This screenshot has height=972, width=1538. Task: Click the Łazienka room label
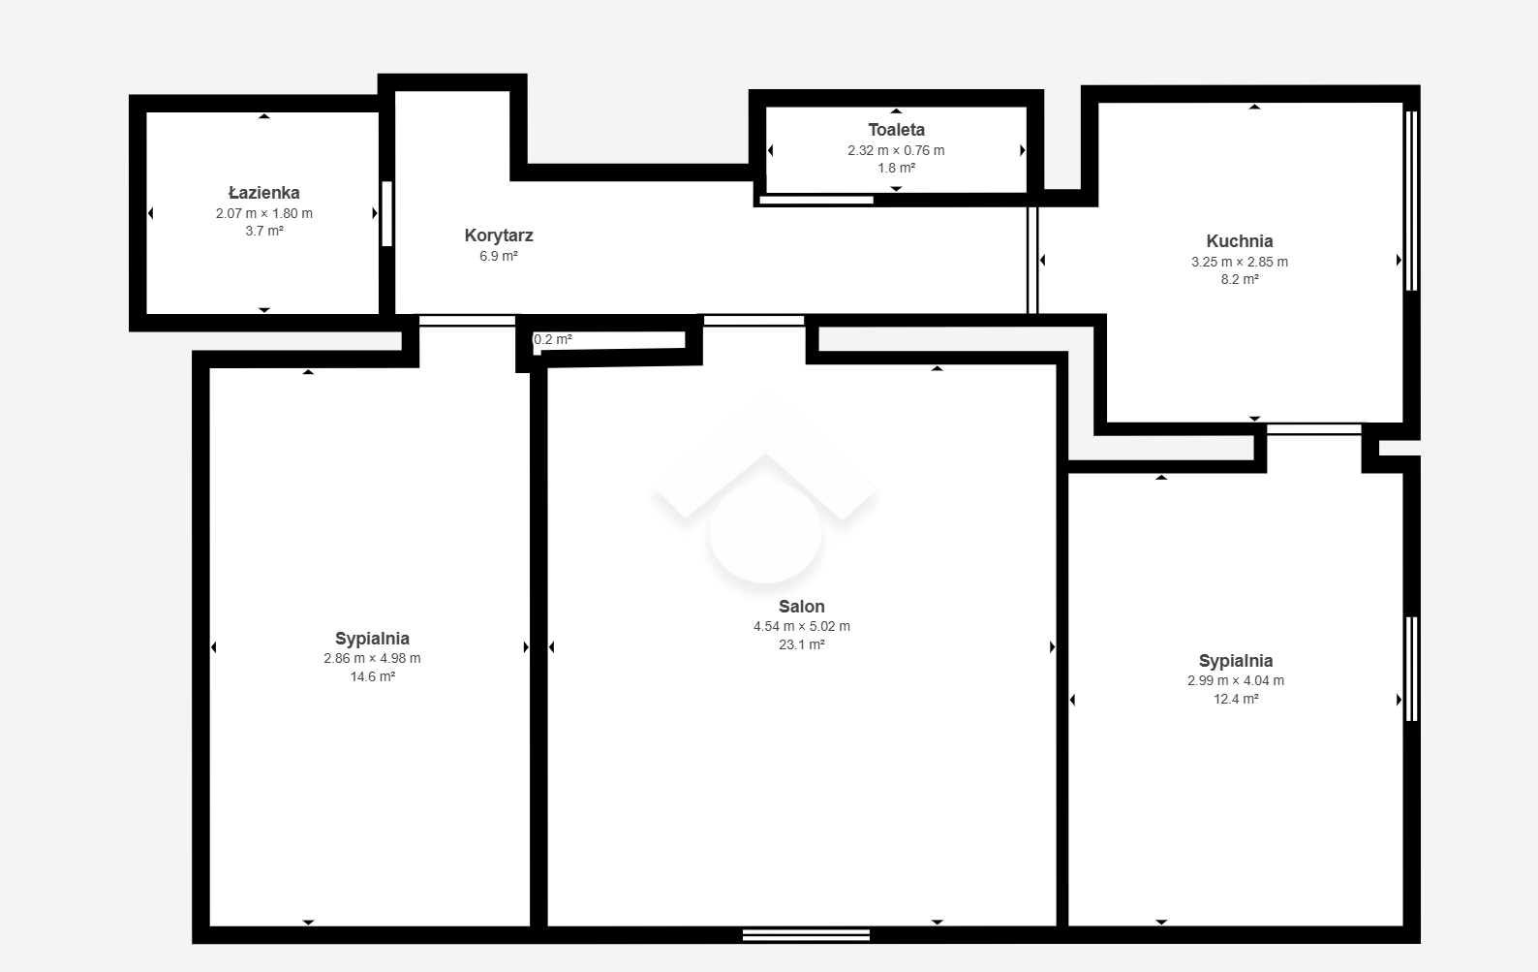tap(263, 192)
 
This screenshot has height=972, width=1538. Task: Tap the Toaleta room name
tap(896, 130)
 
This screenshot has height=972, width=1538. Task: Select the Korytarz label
tap(499, 235)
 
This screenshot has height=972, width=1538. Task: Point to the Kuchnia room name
tap(1240, 241)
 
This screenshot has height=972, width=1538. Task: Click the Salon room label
tap(801, 607)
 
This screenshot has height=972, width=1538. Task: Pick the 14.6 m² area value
tap(372, 676)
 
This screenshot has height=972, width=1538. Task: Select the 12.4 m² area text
tap(1236, 699)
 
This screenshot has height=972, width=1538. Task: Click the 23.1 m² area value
tap(801, 644)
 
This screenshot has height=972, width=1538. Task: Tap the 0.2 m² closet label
tap(553, 339)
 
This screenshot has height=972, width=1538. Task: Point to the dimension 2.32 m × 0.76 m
tap(896, 150)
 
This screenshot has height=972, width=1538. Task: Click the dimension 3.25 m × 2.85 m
tap(1240, 262)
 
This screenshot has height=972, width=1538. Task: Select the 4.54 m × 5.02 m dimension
tap(801, 626)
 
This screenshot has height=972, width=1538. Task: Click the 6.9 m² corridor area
tap(499, 256)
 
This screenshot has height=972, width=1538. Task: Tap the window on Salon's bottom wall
tap(806, 935)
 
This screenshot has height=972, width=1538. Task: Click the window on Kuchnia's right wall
tap(1412, 201)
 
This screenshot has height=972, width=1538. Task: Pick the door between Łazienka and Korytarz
tap(386, 213)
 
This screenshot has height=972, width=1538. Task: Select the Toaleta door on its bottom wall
tap(816, 200)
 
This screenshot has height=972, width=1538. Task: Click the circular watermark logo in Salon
tap(765, 531)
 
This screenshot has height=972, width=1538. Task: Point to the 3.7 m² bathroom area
tap(263, 231)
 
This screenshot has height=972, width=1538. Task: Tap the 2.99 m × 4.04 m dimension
tap(1236, 680)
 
